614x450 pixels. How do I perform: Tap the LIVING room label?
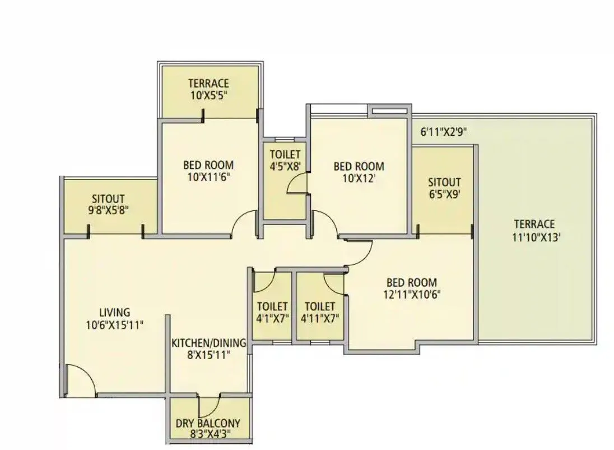[115, 313]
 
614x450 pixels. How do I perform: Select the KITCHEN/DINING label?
[208, 343]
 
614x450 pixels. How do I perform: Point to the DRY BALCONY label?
[208, 423]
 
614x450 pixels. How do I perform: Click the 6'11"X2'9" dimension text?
[444, 132]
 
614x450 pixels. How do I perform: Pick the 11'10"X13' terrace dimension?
[536, 237]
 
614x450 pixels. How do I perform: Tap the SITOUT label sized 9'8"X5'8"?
[109, 199]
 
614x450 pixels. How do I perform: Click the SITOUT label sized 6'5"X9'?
[444, 182]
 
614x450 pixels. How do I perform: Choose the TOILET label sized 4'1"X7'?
[272, 307]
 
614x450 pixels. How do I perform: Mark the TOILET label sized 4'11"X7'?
[320, 307]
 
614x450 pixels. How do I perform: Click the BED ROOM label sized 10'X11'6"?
[208, 166]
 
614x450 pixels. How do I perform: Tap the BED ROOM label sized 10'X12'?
[359, 166]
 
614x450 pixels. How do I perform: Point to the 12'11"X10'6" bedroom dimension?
[411, 295]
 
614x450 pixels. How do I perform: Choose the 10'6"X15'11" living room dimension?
[115, 324]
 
